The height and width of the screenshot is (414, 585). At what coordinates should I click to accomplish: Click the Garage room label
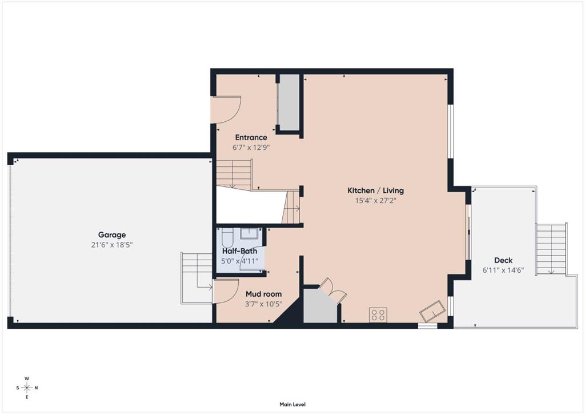[112, 235]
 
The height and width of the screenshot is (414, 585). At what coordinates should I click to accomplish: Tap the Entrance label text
[251, 137]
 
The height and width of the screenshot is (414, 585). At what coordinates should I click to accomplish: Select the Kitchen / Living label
[375, 190]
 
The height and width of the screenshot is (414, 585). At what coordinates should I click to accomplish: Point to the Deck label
[503, 260]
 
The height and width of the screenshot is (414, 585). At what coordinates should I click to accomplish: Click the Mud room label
[263, 294]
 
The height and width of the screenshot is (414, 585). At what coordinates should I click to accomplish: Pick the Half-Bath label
[239, 251]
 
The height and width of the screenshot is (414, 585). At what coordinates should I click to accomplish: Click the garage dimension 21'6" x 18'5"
[112, 245]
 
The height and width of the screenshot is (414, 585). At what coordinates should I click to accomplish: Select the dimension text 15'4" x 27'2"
[375, 201]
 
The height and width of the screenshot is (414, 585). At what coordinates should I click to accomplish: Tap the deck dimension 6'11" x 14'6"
[503, 270]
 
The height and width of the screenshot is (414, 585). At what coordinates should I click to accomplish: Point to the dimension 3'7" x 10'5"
[263, 304]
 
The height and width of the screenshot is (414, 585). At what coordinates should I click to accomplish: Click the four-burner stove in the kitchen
[378, 315]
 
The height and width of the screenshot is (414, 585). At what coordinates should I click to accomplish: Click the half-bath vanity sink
[249, 233]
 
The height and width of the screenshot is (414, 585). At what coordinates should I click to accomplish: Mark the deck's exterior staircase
[551, 249]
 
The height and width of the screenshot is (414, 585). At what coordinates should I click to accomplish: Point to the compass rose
[27, 388]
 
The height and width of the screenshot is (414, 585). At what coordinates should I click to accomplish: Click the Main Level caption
[292, 404]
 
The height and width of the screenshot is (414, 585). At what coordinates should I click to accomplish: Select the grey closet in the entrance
[289, 103]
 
